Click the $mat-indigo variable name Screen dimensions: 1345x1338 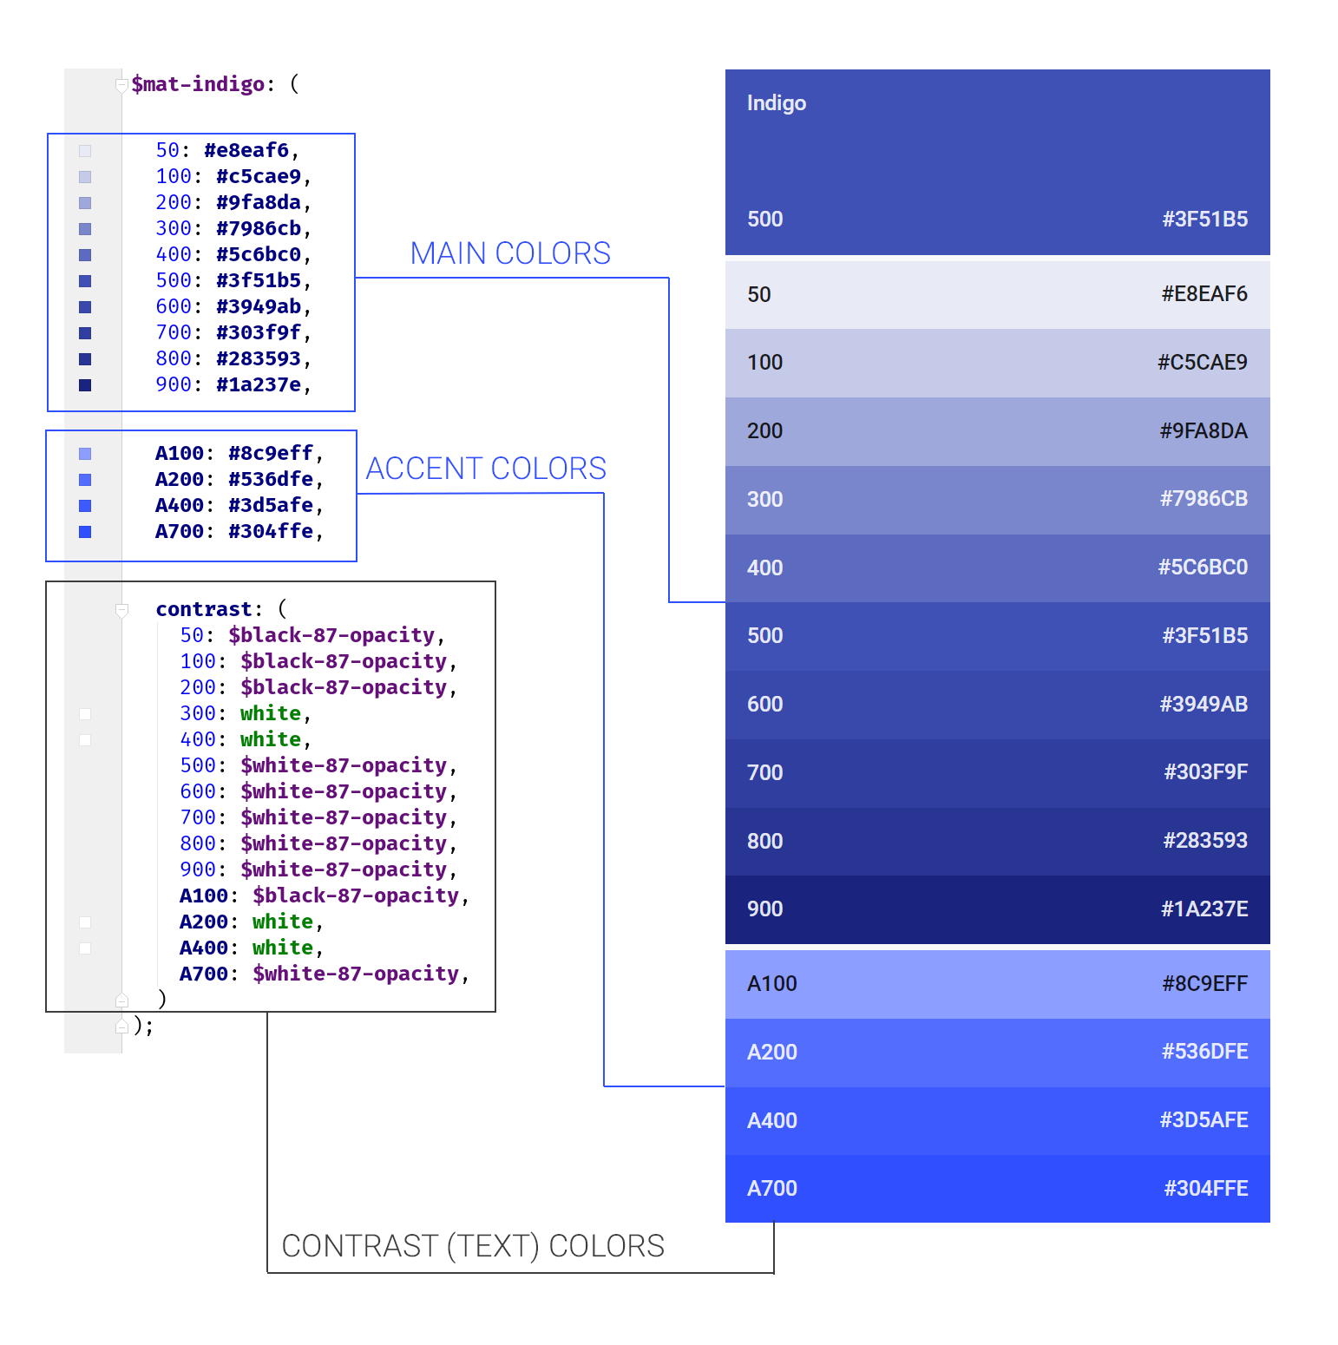[198, 84]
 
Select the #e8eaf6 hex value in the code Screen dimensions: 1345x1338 [246, 150]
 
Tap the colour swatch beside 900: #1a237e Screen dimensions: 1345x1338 [85, 385]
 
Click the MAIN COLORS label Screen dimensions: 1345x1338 [510, 253]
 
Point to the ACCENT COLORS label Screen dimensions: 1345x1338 [486, 469]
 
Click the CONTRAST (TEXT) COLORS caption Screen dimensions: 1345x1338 [473, 1246]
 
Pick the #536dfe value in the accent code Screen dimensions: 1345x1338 [270, 479]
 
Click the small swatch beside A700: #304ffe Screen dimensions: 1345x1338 [85, 532]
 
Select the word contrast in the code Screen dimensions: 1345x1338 [204, 609]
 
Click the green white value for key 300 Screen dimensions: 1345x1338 [271, 713]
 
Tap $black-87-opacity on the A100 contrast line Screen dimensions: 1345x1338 [356, 896]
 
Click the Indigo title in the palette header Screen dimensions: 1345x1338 [777, 103]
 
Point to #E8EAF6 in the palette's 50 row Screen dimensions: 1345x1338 [1204, 294]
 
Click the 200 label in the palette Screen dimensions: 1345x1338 [764, 431]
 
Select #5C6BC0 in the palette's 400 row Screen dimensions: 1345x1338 [1203, 568]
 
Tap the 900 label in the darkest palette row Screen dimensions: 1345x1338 [764, 909]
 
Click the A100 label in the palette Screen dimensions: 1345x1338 [771, 984]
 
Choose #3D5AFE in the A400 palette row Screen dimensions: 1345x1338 [1204, 1120]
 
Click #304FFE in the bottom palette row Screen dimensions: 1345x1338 [1205, 1189]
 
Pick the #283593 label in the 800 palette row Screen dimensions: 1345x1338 [1205, 841]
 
